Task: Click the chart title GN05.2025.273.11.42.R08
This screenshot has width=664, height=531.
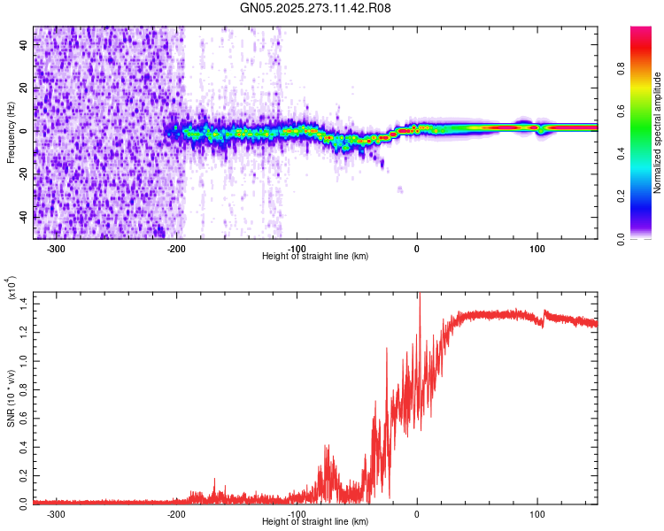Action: tap(315, 8)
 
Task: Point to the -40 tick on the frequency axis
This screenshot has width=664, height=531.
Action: tap(23, 216)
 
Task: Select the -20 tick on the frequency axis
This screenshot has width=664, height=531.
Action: tap(23, 173)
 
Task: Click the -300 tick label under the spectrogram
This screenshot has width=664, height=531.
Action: tap(56, 249)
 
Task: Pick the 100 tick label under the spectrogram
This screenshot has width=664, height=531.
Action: tap(537, 249)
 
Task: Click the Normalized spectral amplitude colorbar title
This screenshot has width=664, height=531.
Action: tap(657, 133)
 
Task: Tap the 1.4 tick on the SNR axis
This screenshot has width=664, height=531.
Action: tap(24, 304)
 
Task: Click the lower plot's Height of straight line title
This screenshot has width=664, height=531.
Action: tap(315, 522)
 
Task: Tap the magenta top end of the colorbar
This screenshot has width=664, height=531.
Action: tap(640, 31)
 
